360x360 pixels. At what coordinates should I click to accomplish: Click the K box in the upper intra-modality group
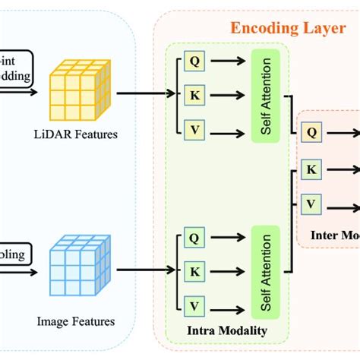pos(194,94)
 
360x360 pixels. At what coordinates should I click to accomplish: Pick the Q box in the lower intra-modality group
pos(194,238)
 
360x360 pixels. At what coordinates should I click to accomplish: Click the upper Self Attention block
pos(265,94)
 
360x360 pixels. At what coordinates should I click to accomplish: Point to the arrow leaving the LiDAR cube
pos(144,94)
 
